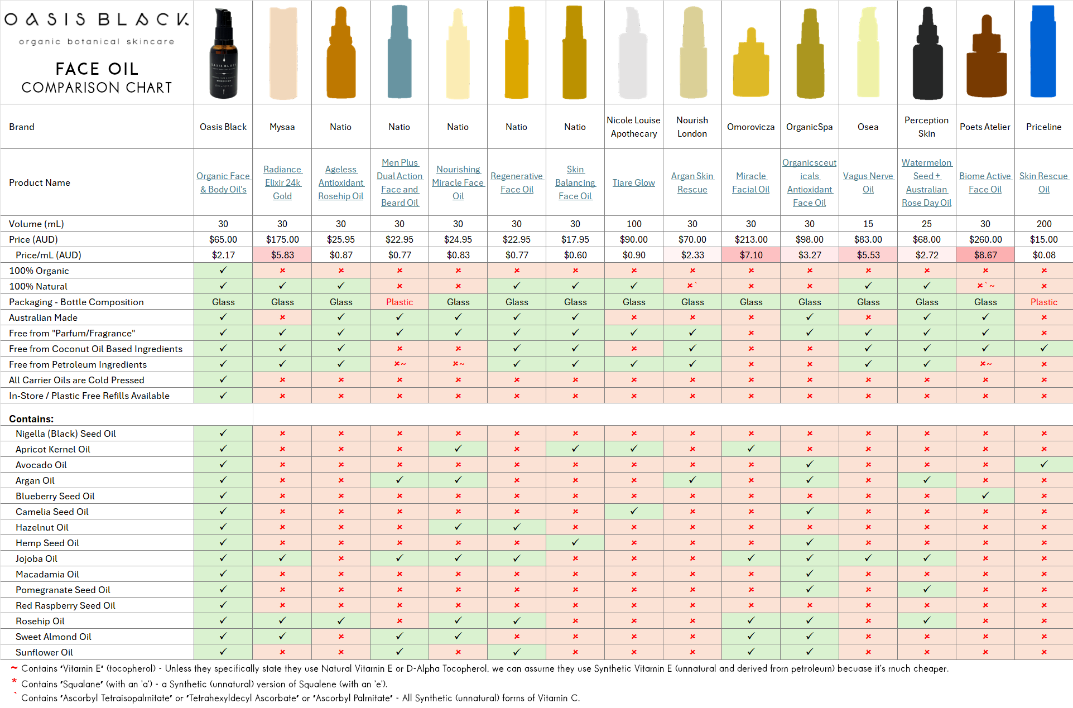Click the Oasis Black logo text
(97, 20)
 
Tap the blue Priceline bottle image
(1043, 51)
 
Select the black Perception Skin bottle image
(927, 54)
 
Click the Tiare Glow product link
(633, 182)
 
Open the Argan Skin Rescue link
(692, 182)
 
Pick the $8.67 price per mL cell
(985, 255)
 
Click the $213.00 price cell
(750, 239)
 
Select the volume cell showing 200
(1043, 224)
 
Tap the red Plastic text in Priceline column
(1043, 302)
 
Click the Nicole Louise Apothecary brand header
(633, 127)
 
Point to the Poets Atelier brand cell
(985, 127)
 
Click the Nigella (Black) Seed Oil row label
(66, 434)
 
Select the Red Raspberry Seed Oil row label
(65, 605)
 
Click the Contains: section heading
(31, 419)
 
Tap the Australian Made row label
(43, 317)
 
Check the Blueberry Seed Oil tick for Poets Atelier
(985, 495)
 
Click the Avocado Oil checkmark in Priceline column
(1043, 464)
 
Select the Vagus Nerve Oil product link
(868, 182)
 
